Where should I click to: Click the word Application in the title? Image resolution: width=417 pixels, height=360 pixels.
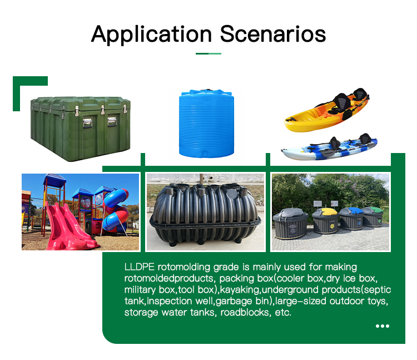click(152, 34)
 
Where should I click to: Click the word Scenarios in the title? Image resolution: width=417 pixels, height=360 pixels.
click(273, 34)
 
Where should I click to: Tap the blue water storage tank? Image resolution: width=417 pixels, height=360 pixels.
click(206, 123)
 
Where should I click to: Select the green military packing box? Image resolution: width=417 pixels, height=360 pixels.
click(81, 129)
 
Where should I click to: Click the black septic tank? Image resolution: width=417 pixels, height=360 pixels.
click(205, 214)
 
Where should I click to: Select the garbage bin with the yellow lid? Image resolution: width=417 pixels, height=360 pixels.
click(326, 220)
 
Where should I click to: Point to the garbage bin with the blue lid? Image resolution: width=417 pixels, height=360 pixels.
click(351, 218)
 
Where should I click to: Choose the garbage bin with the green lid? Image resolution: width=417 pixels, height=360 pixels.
click(373, 216)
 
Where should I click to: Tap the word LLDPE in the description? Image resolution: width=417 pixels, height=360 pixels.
click(139, 267)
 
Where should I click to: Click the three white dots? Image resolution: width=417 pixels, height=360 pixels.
click(383, 326)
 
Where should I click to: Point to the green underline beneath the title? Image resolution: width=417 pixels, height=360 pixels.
click(209, 53)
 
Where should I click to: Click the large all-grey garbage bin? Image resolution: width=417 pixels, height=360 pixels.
click(290, 223)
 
